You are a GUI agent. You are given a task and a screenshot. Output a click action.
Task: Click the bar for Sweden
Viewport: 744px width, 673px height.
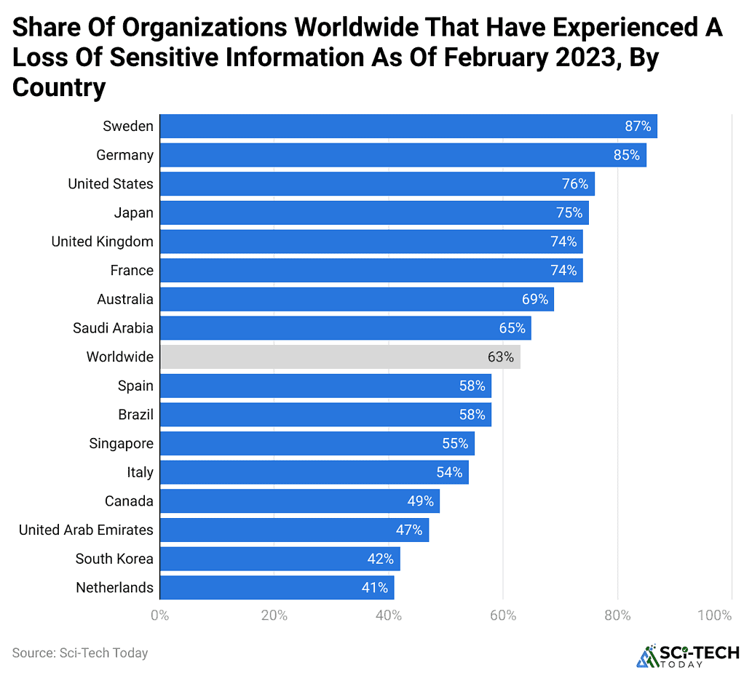click(408, 126)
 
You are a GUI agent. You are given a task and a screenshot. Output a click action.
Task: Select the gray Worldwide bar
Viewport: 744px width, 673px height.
click(339, 357)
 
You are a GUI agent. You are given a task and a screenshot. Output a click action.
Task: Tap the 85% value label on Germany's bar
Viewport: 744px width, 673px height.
click(626, 155)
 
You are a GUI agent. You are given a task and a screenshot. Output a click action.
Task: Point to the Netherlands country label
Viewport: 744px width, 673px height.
click(114, 587)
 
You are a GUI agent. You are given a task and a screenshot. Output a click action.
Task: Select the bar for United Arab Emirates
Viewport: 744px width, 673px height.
click(293, 530)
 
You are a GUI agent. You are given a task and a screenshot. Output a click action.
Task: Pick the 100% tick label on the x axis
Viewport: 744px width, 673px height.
click(713, 616)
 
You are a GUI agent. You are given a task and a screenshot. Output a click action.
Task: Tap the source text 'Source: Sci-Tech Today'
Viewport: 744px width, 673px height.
click(80, 653)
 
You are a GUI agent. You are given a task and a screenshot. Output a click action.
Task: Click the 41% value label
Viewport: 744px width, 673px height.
click(374, 587)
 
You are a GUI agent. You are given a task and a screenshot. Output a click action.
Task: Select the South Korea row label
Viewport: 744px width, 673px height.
click(114, 559)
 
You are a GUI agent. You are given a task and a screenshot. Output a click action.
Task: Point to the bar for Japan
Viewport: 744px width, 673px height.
click(373, 212)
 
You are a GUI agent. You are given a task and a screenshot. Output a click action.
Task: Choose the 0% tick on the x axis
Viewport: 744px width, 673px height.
click(159, 616)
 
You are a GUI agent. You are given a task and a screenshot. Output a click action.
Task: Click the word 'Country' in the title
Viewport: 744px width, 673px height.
click(59, 87)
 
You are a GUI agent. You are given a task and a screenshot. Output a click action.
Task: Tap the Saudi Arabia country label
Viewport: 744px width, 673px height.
click(113, 328)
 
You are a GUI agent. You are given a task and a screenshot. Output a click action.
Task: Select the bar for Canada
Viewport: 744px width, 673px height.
click(299, 501)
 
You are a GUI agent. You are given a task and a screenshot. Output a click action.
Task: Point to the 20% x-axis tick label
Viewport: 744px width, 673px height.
click(273, 616)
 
